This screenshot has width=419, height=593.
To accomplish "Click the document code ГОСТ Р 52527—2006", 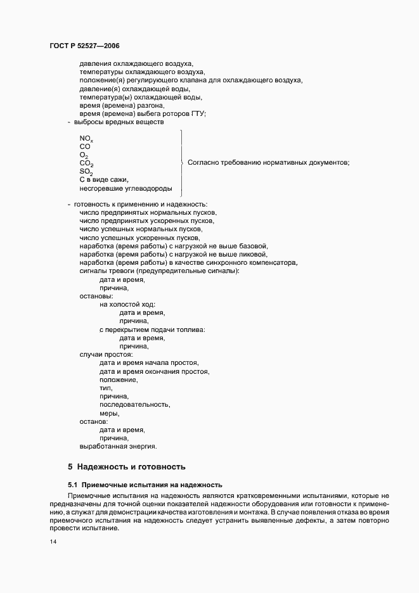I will [x=84, y=46].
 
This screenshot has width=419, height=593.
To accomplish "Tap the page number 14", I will [x=53, y=542].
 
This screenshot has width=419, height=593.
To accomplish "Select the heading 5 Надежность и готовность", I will [x=127, y=467].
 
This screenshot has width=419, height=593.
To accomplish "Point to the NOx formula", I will [x=86, y=138].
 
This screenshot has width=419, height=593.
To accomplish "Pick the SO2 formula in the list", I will [x=86, y=172].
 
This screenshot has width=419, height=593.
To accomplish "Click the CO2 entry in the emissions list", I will [x=86, y=163].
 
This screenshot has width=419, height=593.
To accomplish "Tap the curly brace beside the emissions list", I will [x=183, y=163].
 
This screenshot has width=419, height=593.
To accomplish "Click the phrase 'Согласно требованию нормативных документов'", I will [x=268, y=163].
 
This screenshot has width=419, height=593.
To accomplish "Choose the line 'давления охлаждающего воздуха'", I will [x=136, y=63].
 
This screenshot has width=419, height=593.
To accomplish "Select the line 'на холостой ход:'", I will [x=127, y=305].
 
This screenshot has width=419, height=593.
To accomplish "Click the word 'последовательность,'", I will [x=135, y=404].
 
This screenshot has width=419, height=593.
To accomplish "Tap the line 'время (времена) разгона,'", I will [x=122, y=105].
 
